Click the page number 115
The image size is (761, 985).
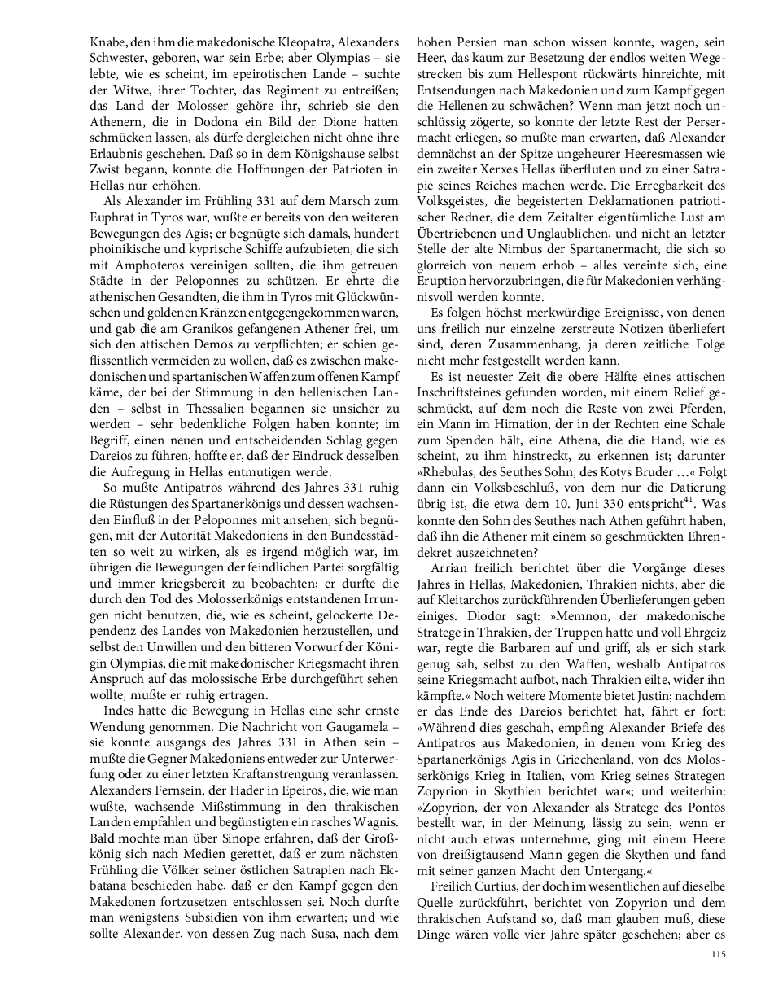718,955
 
